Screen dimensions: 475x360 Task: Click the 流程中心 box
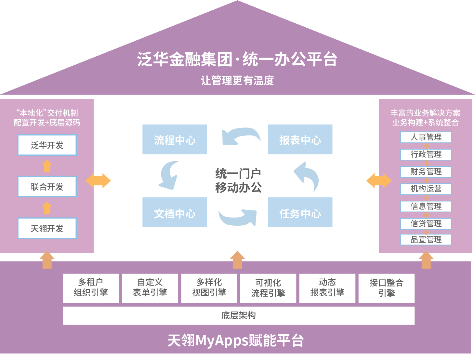tap(174, 139)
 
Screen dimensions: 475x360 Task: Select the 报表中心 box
tap(300, 139)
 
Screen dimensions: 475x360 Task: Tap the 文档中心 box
tap(174, 212)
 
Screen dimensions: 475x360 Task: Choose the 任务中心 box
tap(300, 212)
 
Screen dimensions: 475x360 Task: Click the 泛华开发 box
tap(47, 145)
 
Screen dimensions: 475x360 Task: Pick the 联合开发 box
tap(47, 187)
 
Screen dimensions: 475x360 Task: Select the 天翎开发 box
tap(47, 228)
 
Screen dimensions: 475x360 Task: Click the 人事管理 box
tap(426, 137)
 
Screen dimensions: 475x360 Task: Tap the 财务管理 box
tap(426, 172)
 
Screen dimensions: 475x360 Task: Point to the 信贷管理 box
tap(426, 224)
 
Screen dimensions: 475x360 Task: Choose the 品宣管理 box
tap(426, 240)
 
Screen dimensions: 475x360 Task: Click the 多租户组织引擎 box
tap(91, 288)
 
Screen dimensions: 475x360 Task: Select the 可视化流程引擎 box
tap(268, 288)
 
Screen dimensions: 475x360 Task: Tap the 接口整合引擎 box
tap(387, 288)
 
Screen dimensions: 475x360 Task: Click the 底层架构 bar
tap(238, 316)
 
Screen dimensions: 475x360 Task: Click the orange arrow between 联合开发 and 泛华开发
tap(47, 166)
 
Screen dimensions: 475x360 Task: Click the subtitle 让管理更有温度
tap(237, 81)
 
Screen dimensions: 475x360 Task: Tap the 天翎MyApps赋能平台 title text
tap(236, 340)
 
